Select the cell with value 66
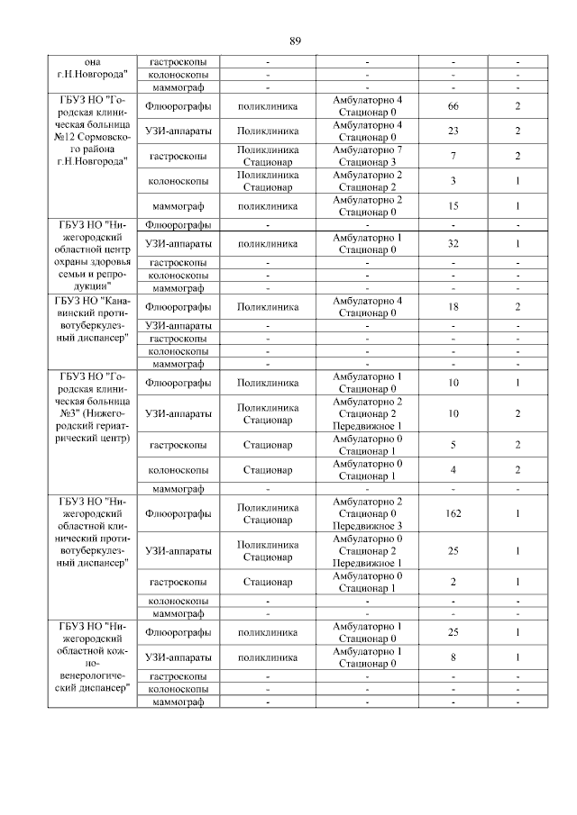coord(453,106)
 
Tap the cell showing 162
coord(453,513)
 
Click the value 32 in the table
coord(453,243)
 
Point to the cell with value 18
coord(453,306)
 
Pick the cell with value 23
coord(453,131)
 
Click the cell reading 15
coord(453,206)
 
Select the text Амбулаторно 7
coord(367,149)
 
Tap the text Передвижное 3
coord(367,525)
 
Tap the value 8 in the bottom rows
coord(453,657)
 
